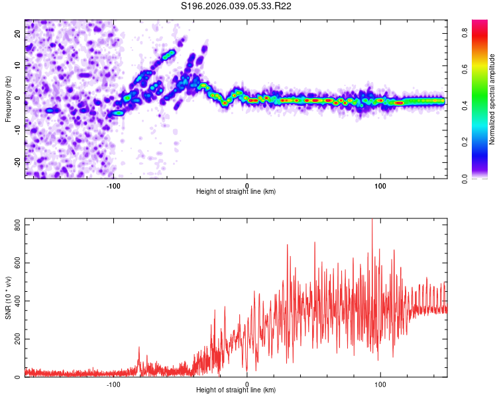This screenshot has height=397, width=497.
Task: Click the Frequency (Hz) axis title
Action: (8, 98)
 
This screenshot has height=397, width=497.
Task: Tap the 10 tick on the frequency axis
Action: (18, 66)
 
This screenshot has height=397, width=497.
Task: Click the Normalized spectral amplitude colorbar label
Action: (492, 99)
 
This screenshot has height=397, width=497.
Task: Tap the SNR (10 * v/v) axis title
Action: (8, 298)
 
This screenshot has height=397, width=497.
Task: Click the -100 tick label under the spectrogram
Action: (113, 185)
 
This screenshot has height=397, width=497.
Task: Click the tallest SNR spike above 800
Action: (372, 221)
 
